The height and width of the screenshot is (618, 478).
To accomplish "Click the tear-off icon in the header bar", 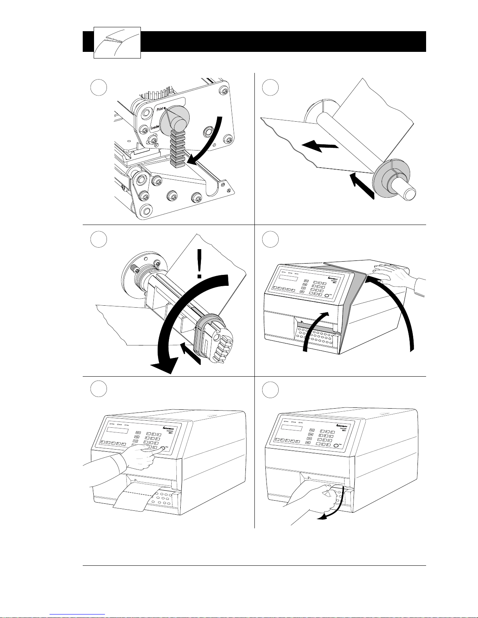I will coord(117,42).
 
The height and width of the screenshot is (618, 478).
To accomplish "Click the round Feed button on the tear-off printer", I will coord(336,444).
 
